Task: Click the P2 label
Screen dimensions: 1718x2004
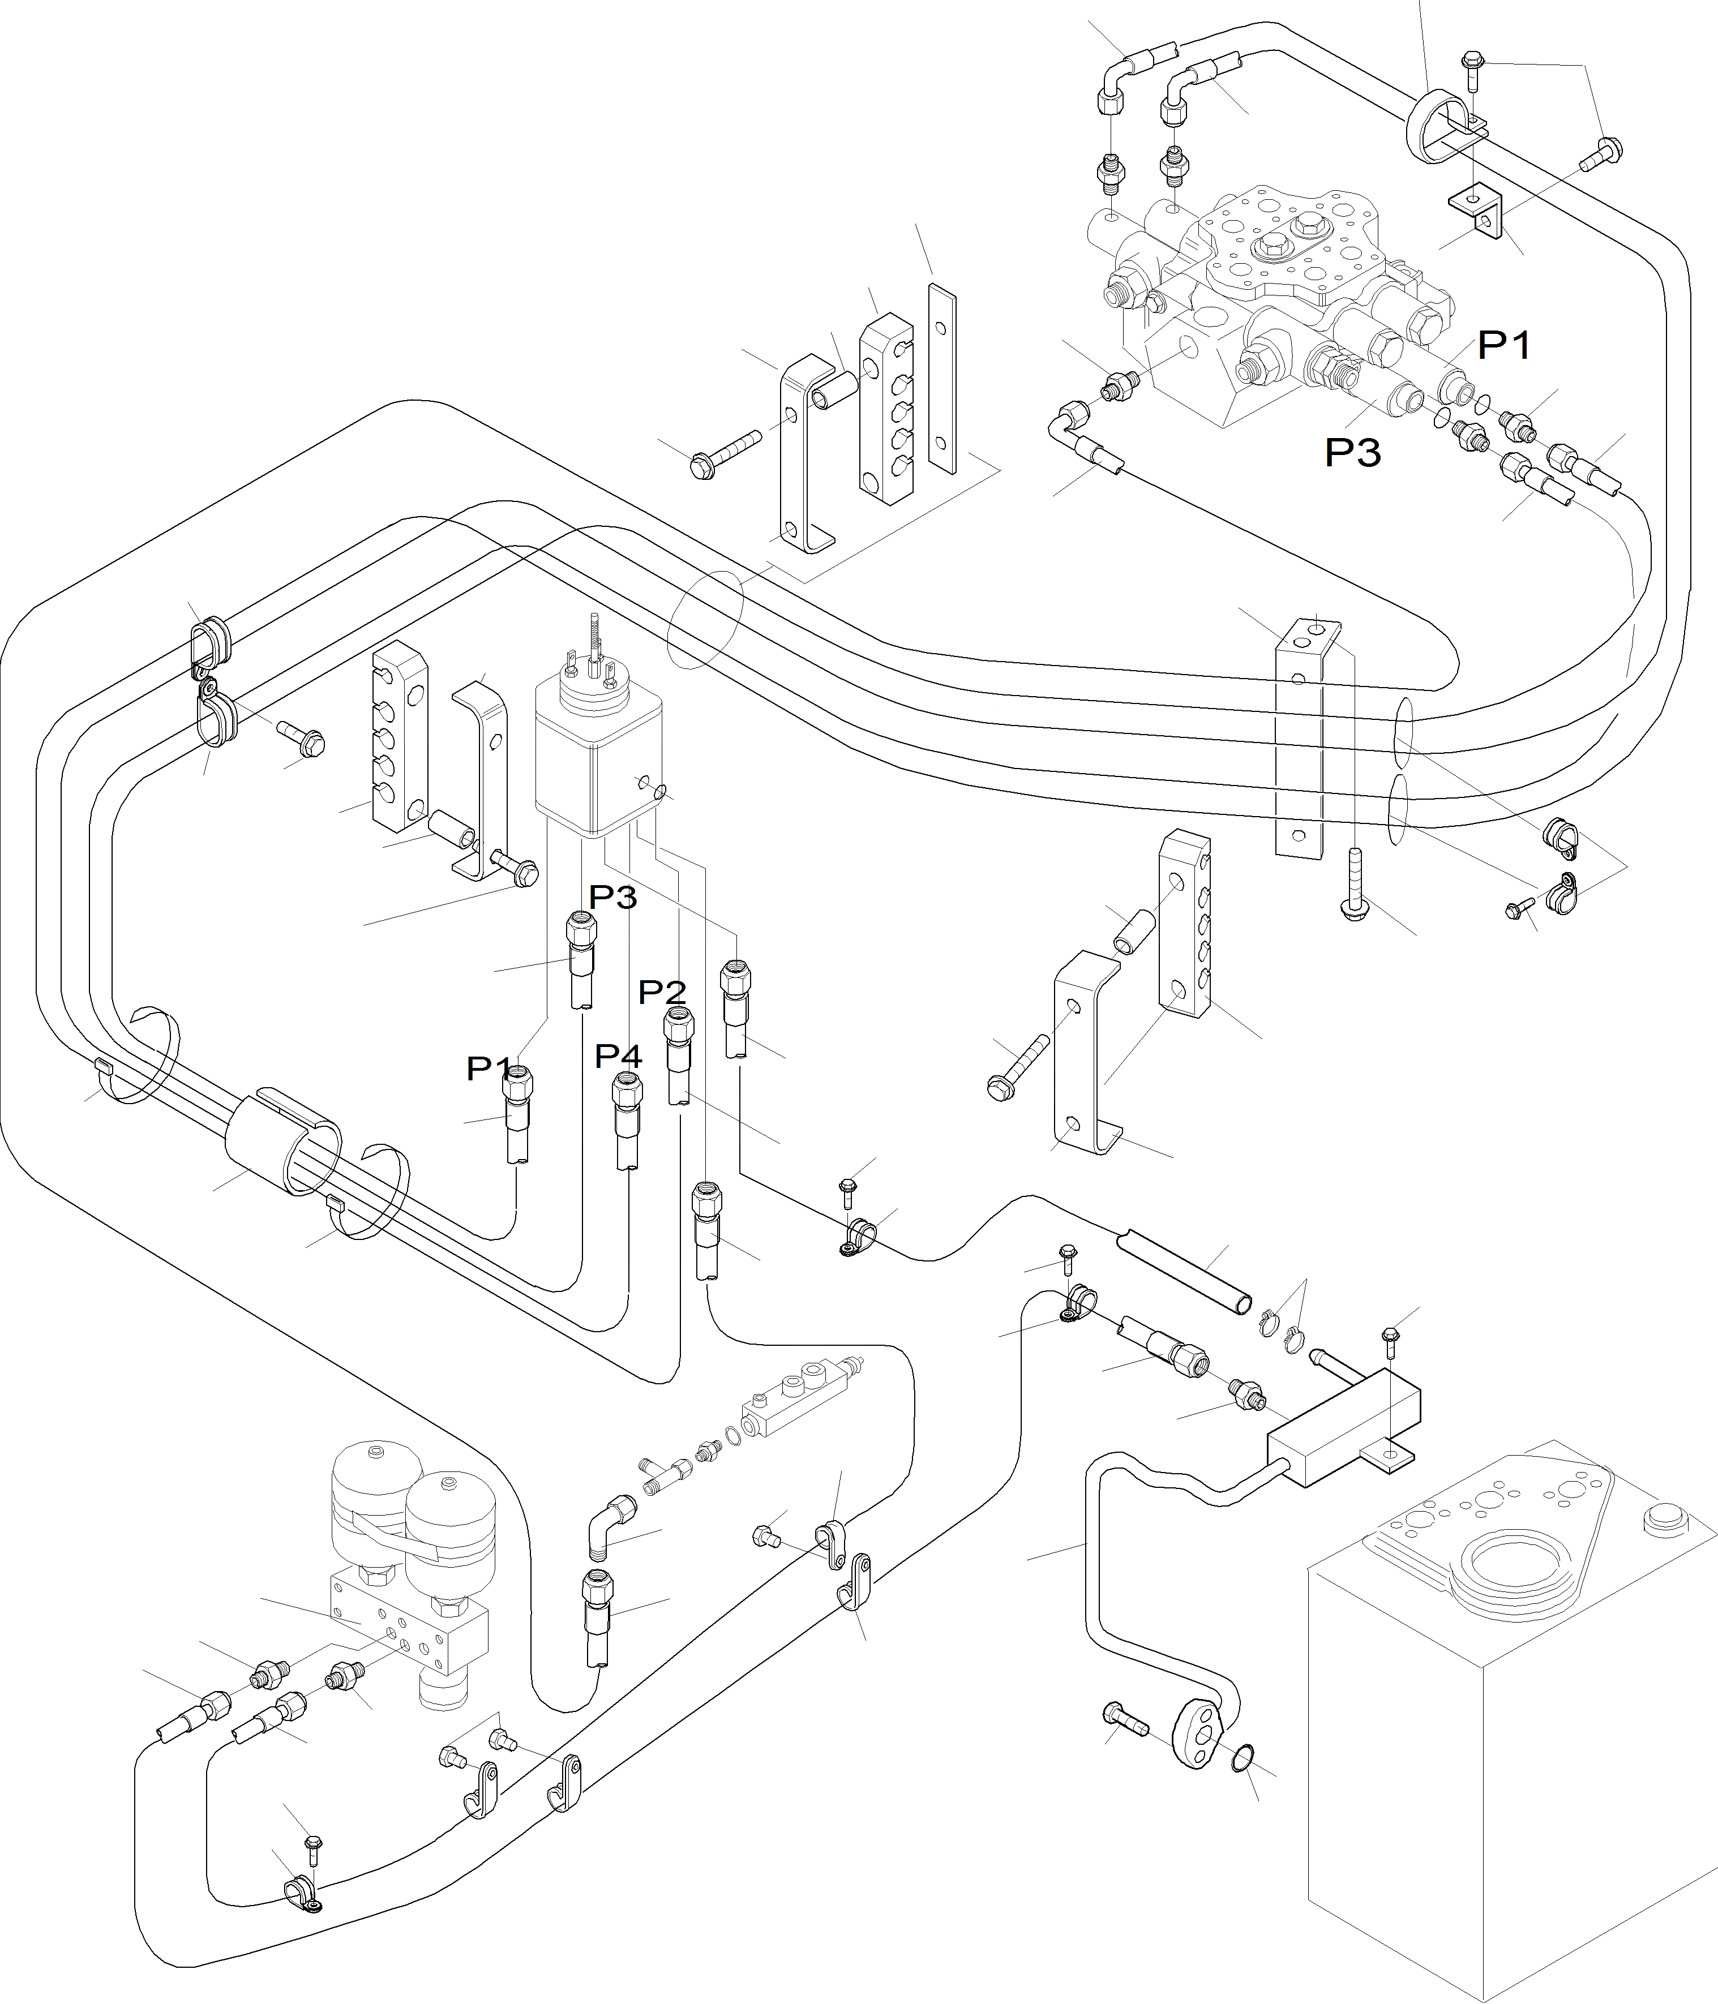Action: click(663, 992)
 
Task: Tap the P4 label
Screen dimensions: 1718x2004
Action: click(618, 1055)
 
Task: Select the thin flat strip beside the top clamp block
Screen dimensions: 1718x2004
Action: click(941, 380)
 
